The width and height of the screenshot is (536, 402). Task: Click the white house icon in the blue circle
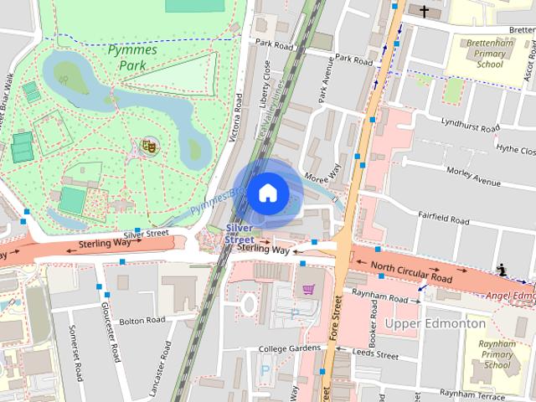[267, 193]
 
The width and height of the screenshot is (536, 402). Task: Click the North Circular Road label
[411, 271]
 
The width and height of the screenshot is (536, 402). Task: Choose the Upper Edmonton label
[435, 323]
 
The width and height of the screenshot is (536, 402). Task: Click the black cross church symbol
[425, 12]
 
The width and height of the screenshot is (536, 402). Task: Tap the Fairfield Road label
[443, 219]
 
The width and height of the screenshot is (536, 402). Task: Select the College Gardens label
[290, 348]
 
